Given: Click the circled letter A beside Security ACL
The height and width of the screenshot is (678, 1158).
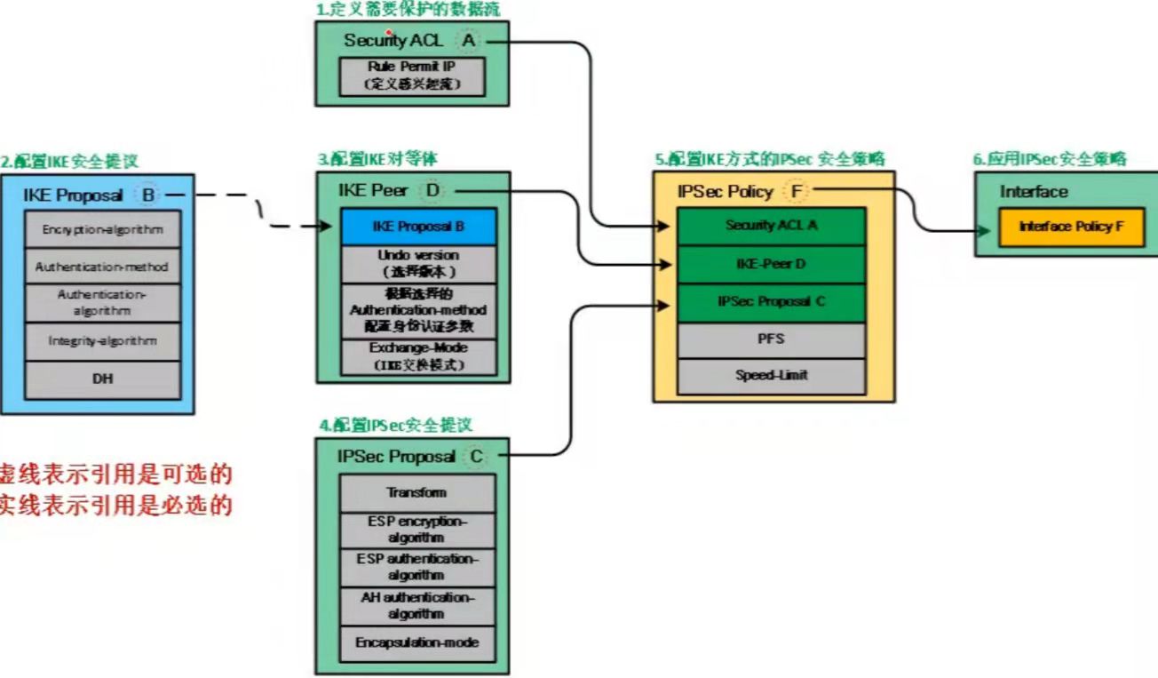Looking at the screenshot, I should pos(469,41).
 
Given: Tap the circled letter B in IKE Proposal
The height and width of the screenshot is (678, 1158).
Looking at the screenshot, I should pos(147,195).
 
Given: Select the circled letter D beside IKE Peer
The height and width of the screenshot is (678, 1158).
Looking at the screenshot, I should pos(433,190).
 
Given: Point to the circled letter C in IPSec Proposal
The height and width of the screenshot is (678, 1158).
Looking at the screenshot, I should pos(476,456).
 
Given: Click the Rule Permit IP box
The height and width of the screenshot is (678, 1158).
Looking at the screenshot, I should pos(413,76).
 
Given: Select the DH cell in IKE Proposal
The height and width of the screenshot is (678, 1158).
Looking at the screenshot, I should pos(103,379).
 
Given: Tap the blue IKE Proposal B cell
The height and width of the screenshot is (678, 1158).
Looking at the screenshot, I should pos(417,227).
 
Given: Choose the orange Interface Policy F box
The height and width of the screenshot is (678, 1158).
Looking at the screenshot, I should pos(1070,227).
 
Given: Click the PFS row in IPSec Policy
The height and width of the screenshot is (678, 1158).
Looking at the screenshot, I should pos(771,339).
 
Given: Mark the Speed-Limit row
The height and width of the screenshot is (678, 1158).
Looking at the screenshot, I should pos(771,376).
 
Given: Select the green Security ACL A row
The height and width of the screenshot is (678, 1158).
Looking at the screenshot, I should pos(771,226).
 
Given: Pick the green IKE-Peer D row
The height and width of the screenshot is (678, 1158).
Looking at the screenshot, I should pos(771,264).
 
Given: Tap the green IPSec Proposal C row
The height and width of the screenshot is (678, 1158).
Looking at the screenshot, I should pos(771,302).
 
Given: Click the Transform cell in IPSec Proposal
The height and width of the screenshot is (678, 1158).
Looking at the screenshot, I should pos(417,493).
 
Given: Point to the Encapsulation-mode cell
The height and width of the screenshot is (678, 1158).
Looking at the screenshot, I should pos(417,642).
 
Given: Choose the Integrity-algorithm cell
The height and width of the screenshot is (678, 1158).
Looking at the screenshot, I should pos(103,340).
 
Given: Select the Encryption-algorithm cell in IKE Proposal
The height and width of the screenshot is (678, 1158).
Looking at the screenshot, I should pos(103,230).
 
